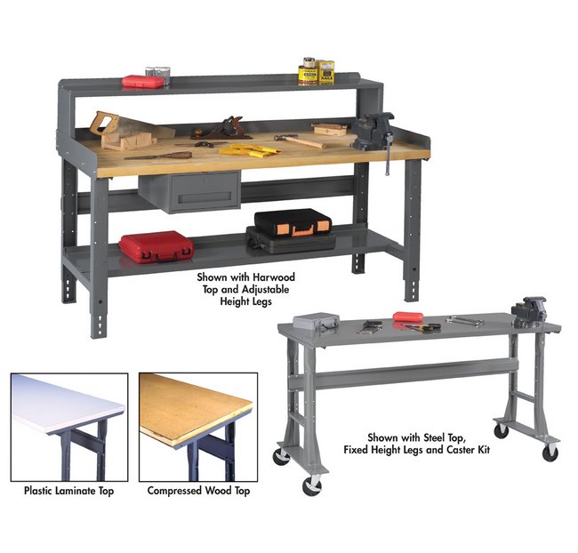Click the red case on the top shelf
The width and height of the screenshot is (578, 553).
pos(142,82)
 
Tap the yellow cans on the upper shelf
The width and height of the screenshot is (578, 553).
pos(316,72)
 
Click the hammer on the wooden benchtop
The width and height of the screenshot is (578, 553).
pos(300,140)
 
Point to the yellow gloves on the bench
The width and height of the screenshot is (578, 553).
pos(250,150)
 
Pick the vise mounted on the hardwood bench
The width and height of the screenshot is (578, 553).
pos(374,134)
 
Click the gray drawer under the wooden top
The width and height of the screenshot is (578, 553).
pos(190,192)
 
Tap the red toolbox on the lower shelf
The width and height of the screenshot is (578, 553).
pos(157,247)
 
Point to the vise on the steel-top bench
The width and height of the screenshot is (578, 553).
pos(528,312)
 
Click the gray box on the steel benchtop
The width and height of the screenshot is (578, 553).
pos(316,321)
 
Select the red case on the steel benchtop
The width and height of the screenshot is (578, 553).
pos(408,317)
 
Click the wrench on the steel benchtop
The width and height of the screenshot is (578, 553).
pos(464,321)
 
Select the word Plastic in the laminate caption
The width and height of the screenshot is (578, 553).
pos(38,491)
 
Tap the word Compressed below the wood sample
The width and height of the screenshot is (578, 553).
pos(174,491)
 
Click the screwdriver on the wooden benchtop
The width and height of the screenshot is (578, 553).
pos(158,156)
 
